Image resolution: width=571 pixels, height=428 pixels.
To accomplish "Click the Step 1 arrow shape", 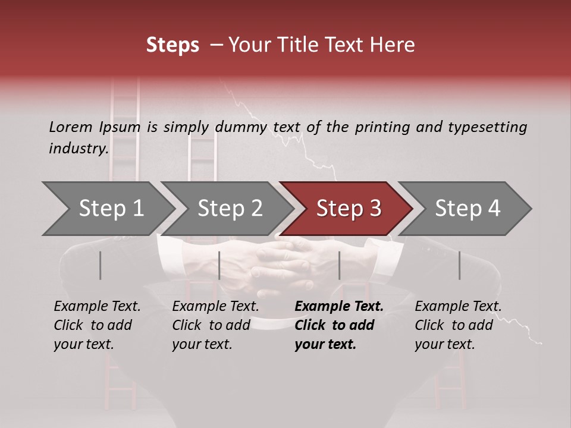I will click(111, 209).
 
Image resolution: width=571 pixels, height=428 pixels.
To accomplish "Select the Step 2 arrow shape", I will click(230, 209).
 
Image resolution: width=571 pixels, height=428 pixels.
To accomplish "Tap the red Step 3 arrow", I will click(349, 209).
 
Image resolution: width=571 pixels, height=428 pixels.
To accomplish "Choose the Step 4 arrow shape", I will click(468, 209).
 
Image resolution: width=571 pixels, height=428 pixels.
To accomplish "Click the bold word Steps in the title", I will click(172, 45).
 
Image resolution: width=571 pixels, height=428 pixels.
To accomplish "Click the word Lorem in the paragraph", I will click(70, 127).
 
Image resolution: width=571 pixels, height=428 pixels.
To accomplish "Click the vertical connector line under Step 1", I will click(100, 265).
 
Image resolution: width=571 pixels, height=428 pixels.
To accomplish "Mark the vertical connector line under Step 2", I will click(219, 265).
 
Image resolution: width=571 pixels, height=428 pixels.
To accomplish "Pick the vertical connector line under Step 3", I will click(339, 265).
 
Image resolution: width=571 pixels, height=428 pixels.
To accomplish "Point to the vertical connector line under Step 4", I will click(459, 265).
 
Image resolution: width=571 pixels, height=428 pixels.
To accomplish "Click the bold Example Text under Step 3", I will click(339, 307).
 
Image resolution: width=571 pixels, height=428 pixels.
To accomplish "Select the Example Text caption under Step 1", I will click(97, 307).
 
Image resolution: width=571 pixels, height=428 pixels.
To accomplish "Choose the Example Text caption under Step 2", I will click(215, 307).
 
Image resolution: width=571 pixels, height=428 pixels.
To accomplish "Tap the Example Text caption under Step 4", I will click(458, 307).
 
